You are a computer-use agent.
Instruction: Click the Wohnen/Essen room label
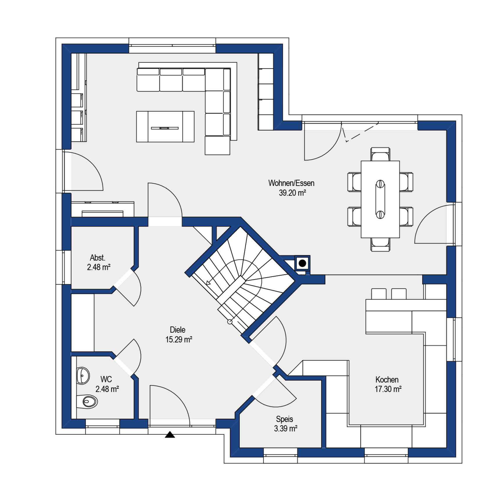(291, 183)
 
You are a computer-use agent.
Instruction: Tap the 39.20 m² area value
(292, 193)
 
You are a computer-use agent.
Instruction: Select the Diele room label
(178, 330)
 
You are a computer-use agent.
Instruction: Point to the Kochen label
(387, 379)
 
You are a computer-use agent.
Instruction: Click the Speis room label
(284, 419)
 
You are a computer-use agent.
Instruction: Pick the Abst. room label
(98, 258)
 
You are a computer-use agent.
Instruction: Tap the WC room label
(106, 379)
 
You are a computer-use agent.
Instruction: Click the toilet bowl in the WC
(87, 402)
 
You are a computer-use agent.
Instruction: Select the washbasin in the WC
(83, 376)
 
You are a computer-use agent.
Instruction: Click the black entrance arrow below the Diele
(170, 435)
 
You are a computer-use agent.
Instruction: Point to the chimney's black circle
(302, 263)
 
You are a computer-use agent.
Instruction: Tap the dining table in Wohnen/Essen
(380, 199)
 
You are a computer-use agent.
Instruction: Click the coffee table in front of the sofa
(165, 126)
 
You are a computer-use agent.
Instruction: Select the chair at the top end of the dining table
(380, 154)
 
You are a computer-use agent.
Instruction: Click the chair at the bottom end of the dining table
(380, 244)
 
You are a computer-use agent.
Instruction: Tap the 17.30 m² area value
(388, 389)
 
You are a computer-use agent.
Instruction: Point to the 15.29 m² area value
(179, 339)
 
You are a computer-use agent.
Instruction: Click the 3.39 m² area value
(286, 429)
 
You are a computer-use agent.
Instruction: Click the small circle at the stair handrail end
(230, 322)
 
